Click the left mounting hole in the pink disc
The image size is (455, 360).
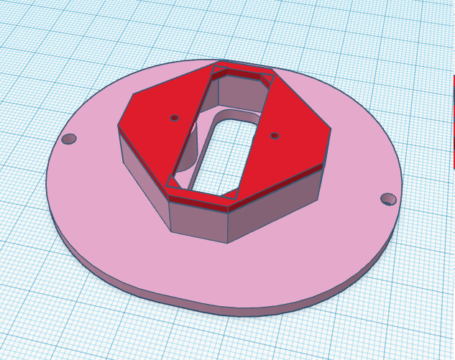69,139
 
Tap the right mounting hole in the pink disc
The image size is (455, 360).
388,198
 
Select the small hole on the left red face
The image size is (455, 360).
175,117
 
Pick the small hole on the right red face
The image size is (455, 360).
274,135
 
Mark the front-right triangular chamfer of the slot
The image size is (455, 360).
231,193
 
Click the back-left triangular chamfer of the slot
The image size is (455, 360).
221,69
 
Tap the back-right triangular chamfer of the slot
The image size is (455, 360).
267,78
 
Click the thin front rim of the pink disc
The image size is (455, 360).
216,308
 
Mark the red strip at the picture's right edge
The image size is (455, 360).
453,122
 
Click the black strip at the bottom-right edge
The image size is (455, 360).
453,323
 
